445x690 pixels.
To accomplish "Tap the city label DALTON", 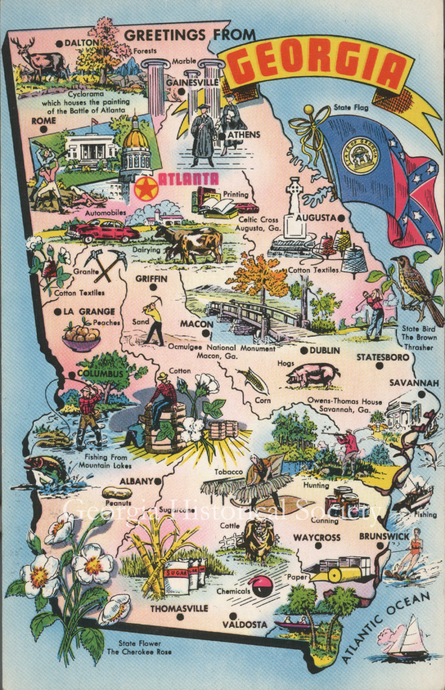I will (81, 43).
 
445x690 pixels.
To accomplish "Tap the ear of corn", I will (252, 379).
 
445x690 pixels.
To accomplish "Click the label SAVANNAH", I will (413, 383).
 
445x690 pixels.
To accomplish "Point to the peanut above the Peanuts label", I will (118, 493).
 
